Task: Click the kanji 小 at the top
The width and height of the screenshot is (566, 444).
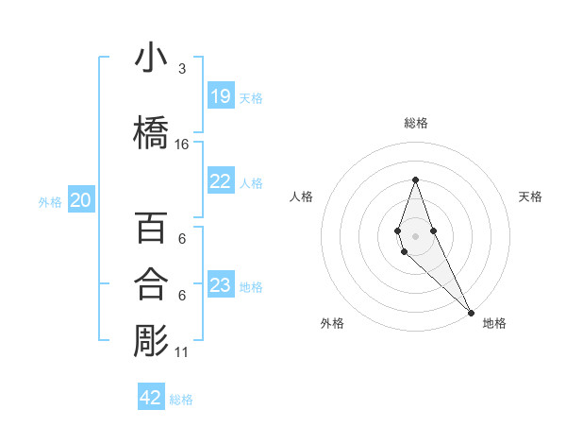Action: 151,59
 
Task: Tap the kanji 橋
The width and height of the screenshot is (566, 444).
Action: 151,132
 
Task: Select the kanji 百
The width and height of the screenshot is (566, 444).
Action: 151,228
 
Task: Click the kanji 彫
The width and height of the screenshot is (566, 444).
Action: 151,340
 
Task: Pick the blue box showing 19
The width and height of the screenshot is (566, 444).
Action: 220,95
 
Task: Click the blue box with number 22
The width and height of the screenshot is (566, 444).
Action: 220,181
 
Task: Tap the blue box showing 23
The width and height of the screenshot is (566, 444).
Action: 220,285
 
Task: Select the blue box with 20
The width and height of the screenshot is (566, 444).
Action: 81,199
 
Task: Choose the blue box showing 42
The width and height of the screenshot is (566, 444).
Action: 151,398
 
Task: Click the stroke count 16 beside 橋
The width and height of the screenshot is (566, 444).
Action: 182,145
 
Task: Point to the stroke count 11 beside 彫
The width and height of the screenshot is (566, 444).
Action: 182,352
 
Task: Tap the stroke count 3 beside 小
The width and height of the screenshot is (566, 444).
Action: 182,69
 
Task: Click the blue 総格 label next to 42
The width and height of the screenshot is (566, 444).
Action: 181,400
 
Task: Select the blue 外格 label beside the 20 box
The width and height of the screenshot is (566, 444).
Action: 50,201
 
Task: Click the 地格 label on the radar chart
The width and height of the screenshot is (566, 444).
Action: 494,323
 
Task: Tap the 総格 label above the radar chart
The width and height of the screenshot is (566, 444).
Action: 415,123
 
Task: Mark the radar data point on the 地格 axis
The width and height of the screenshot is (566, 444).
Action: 470,312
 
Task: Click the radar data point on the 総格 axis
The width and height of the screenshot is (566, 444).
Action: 415,179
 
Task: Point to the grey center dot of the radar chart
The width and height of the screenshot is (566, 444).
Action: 415,235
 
